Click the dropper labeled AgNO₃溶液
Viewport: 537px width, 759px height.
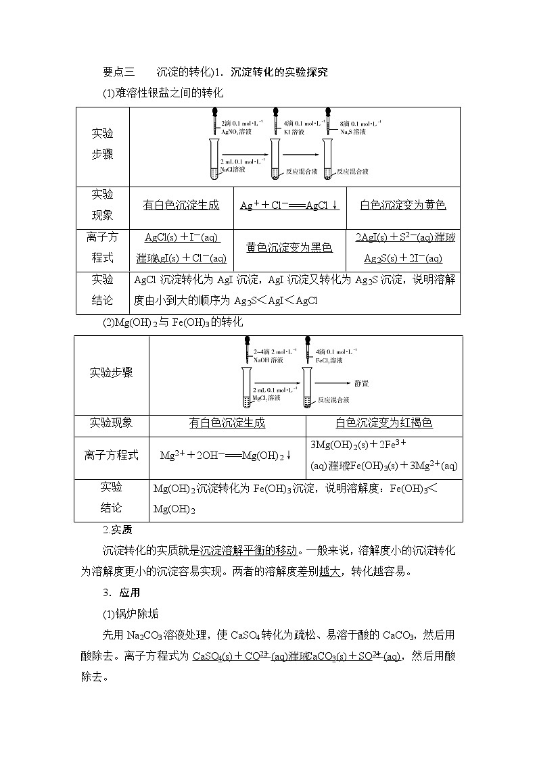click(215, 121)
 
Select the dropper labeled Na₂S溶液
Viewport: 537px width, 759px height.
click(328, 121)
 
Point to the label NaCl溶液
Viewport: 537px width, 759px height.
click(235, 170)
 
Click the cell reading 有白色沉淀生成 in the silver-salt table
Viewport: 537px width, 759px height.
click(181, 205)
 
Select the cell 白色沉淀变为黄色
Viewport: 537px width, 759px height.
click(403, 205)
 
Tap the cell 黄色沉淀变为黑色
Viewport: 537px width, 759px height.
click(289, 247)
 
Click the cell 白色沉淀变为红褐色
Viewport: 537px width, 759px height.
click(384, 423)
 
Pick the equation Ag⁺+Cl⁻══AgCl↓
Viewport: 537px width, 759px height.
click(289, 205)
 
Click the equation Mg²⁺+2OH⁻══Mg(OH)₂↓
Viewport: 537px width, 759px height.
click(226, 456)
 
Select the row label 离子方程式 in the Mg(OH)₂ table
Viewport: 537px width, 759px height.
click(112, 455)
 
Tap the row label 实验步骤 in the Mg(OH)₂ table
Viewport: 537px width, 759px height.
click(112, 372)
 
